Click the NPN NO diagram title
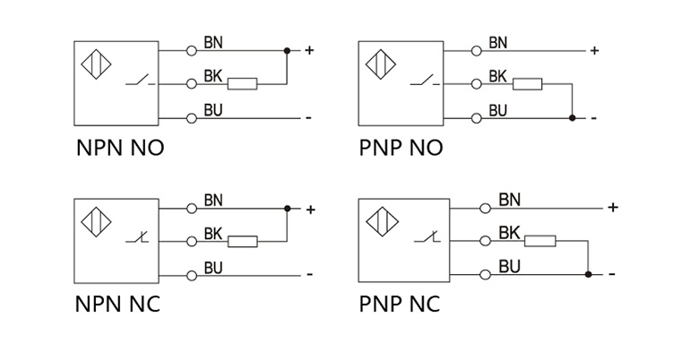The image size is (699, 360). (x=120, y=148)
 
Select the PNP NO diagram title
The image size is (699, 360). (x=401, y=148)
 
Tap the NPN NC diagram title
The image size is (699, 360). (x=117, y=304)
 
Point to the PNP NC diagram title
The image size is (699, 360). (x=400, y=304)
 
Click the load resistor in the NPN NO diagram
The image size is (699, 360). (x=242, y=84)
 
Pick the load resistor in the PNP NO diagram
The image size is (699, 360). (x=528, y=84)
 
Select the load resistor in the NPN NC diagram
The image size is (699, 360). (x=242, y=241)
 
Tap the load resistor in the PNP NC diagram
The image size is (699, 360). (x=540, y=241)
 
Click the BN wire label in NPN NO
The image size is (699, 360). (x=214, y=42)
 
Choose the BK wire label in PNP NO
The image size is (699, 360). (x=498, y=76)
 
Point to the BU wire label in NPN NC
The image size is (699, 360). (x=214, y=267)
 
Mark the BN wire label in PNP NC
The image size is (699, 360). (x=509, y=199)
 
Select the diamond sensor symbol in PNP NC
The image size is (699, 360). (x=379, y=221)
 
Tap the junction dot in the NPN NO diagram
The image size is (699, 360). (x=287, y=50)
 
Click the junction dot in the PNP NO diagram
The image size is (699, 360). (x=572, y=117)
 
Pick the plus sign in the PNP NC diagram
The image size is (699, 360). (x=613, y=208)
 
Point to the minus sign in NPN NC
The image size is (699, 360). (x=309, y=274)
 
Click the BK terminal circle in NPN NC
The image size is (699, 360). (x=191, y=241)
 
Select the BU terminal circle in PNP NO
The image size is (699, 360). (x=475, y=117)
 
